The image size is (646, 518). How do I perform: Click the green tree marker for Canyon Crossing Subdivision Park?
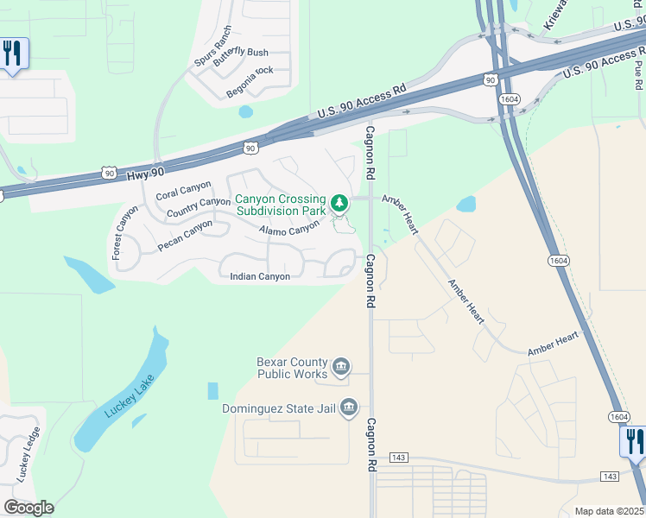click(340, 204)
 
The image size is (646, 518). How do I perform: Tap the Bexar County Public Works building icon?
click(341, 368)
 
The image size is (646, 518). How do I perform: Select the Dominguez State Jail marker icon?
click(349, 407)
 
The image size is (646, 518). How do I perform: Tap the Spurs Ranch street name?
click(213, 47)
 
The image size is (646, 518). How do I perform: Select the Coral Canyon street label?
click(183, 190)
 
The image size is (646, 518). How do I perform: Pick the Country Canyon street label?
click(198, 208)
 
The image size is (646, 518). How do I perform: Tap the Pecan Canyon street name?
click(184, 236)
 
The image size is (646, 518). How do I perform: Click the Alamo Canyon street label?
click(289, 229)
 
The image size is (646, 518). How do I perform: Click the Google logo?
click(28, 508)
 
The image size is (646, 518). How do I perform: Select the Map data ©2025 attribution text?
click(609, 511)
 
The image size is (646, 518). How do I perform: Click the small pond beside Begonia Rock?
click(245, 111)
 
